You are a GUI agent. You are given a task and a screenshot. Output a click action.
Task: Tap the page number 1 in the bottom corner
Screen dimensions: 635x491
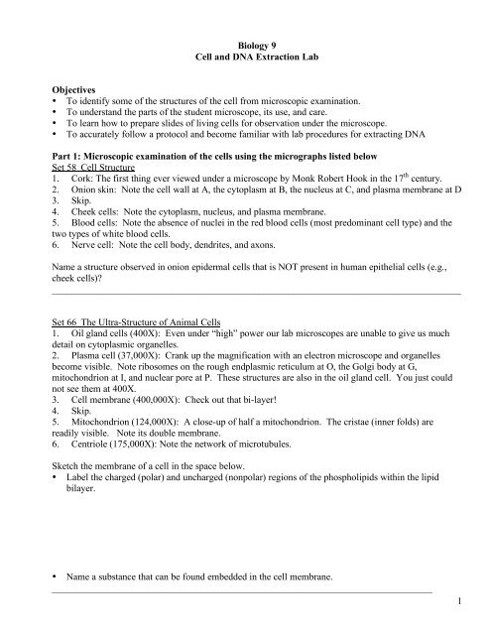[475, 603]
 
